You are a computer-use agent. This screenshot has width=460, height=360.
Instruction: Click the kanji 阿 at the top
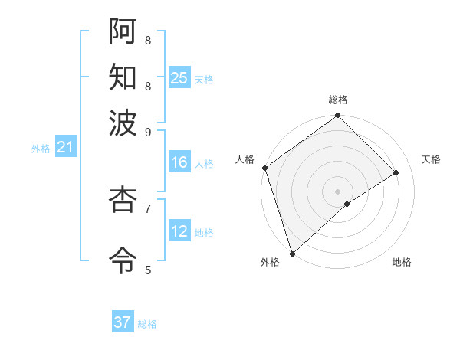pos(123,31)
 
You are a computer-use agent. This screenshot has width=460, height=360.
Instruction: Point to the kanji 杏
pos(123,200)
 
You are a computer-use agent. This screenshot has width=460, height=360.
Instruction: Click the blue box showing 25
pos(179,77)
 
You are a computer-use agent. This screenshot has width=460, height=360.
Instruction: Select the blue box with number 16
pos(179,162)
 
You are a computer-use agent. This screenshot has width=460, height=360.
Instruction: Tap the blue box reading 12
pos(179,231)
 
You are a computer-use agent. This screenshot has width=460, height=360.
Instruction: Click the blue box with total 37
pos(123,322)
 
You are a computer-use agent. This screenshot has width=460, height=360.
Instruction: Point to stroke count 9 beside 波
pos(148,131)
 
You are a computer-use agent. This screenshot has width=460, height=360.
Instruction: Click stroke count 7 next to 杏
pos(148,207)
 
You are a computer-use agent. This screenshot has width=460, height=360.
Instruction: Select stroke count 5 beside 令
pos(148,269)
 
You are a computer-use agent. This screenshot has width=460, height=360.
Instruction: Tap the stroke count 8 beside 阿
pos(148,39)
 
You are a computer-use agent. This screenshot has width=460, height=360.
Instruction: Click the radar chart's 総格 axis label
pos(338,100)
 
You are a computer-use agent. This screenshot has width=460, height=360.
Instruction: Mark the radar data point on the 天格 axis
pos(396,172)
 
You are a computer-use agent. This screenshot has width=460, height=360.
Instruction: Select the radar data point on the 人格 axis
pos(264,168)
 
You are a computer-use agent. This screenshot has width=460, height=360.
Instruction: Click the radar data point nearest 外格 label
pos(291,252)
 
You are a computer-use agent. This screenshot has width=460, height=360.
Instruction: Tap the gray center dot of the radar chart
pos(337,191)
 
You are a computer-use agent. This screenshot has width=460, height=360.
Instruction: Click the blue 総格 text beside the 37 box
pos(148,324)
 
